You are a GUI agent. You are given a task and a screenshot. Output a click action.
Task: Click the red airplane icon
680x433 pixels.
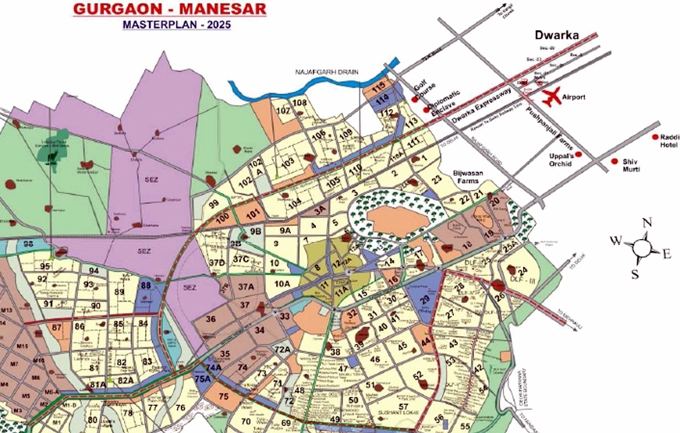coord(551,97)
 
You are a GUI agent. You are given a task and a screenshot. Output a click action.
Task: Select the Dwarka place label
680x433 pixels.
coord(554,36)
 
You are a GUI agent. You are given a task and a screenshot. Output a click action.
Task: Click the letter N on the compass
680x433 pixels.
coord(646,223)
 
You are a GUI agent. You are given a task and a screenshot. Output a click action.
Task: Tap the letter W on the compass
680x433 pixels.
coord(616,241)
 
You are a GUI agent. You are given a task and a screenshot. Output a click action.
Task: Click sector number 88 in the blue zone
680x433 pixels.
coord(145,285)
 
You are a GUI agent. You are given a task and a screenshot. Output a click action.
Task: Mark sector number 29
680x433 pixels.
coord(425,300)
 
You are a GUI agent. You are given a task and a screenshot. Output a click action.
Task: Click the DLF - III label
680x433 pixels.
coord(520,280)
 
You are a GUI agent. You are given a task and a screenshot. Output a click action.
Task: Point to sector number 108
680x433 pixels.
coord(299,103)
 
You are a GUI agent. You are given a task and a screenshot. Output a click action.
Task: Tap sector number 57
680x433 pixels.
coord(403,407)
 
